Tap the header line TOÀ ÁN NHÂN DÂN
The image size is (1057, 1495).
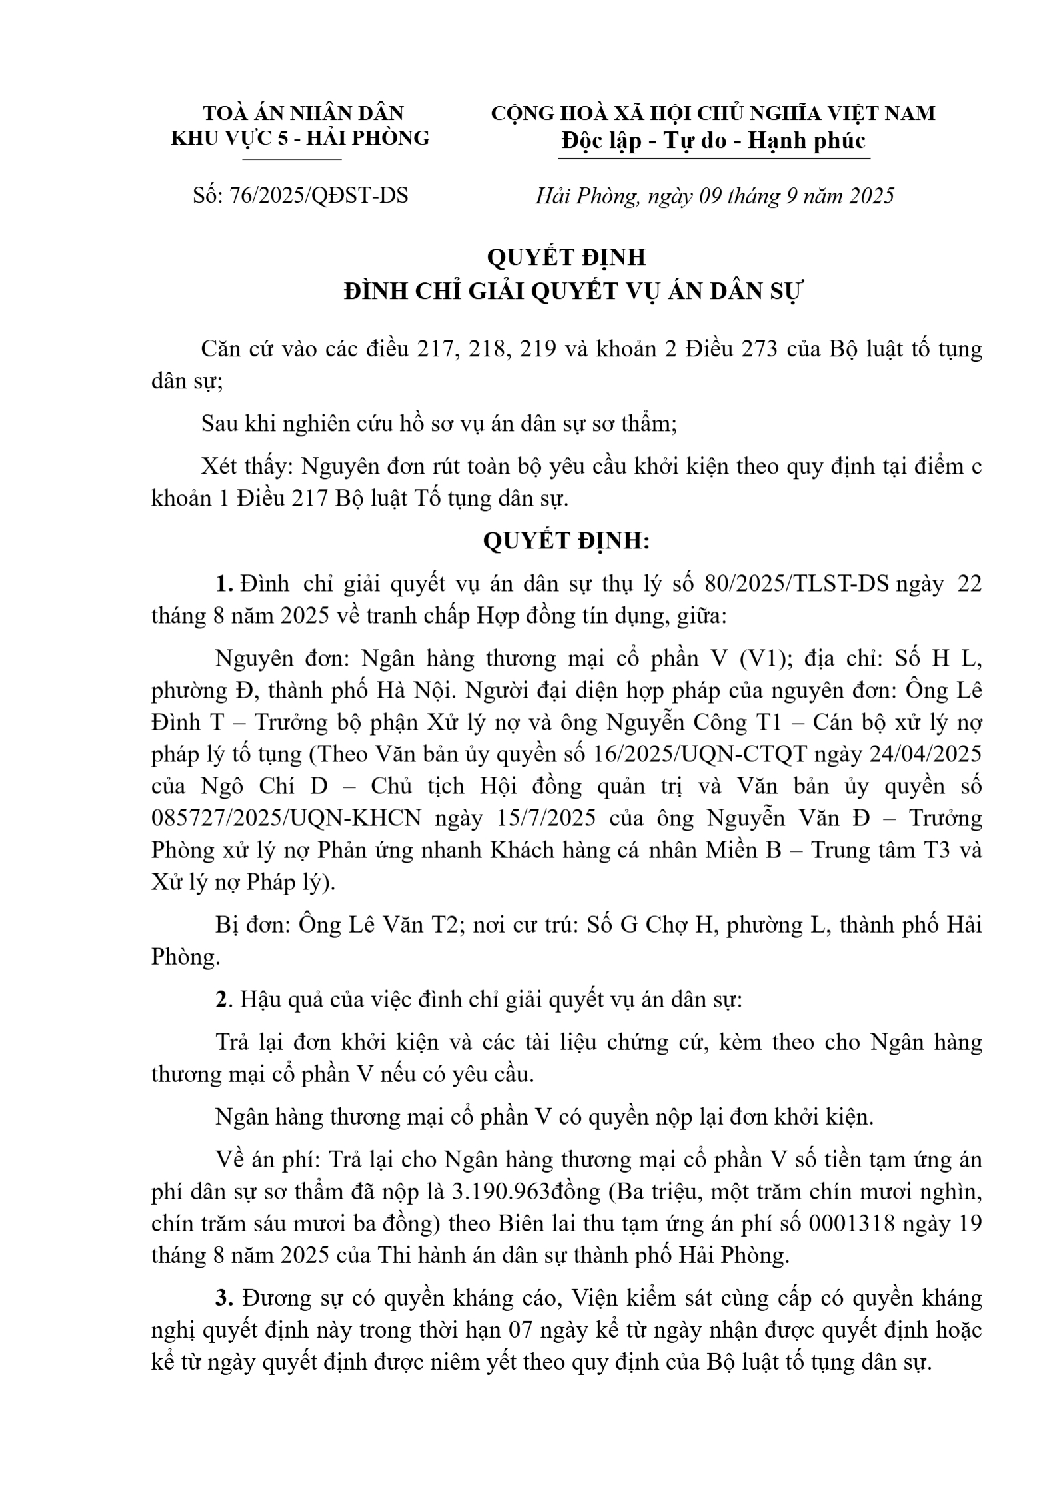tap(303, 113)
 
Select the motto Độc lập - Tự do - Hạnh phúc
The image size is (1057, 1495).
tap(713, 141)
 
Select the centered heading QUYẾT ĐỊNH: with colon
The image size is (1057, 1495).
tap(566, 541)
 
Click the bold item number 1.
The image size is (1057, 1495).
tap(223, 584)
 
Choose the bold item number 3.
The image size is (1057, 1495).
tap(222, 1298)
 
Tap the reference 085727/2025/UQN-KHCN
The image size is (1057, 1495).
tap(287, 819)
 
